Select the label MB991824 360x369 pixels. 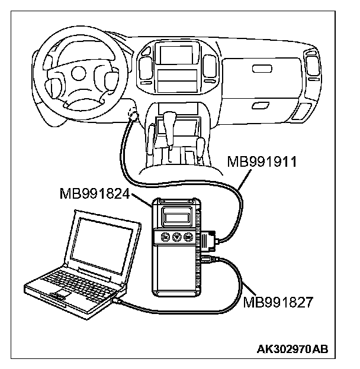pos(94,193)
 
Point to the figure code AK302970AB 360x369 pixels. pos(294,350)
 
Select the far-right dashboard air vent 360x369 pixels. pos(310,64)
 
